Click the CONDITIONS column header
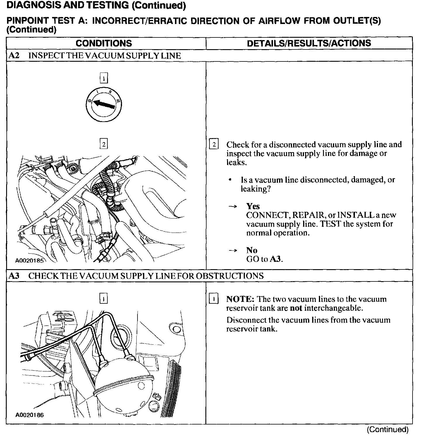click(x=104, y=43)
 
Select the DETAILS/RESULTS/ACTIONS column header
click(x=309, y=43)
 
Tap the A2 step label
click(x=14, y=56)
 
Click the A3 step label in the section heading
click(x=14, y=276)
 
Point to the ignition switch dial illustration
click(x=104, y=104)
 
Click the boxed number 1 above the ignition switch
click(x=104, y=78)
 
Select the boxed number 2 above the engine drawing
click(x=104, y=144)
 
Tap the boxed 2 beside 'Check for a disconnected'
click(x=214, y=145)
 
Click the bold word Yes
click(x=253, y=206)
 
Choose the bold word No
click(x=252, y=250)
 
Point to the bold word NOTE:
click(x=240, y=299)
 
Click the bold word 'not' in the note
click(x=296, y=308)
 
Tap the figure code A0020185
click(x=30, y=260)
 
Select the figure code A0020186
click(x=30, y=415)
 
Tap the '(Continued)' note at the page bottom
click(x=388, y=429)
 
